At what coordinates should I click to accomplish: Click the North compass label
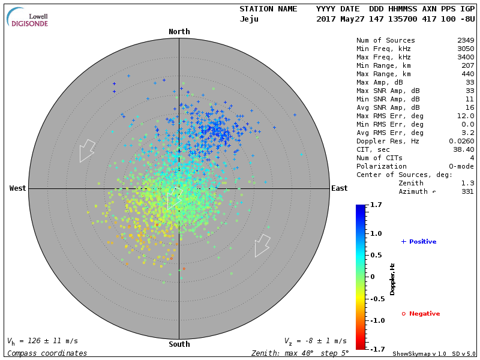[x=179, y=32]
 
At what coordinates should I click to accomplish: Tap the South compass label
[x=179, y=344]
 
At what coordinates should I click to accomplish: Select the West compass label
[x=17, y=188]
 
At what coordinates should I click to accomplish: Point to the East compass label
[x=339, y=188]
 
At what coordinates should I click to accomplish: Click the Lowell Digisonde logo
[x=28, y=17]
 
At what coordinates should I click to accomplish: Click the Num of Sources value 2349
[x=465, y=41]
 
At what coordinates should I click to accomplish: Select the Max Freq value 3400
[x=465, y=57]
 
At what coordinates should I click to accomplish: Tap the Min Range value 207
[x=467, y=65]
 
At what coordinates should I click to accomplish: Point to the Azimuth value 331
[x=467, y=192]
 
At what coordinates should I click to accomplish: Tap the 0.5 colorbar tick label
[x=377, y=255]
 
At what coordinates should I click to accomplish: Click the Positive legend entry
[x=419, y=242]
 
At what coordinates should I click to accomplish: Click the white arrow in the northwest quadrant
[x=87, y=150]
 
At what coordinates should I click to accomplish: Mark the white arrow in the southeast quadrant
[x=262, y=245]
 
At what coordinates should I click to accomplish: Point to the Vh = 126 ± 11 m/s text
[x=42, y=341]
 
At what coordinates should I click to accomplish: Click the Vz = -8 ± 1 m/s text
[x=315, y=341]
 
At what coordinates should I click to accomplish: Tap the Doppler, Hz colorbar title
[x=392, y=279]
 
